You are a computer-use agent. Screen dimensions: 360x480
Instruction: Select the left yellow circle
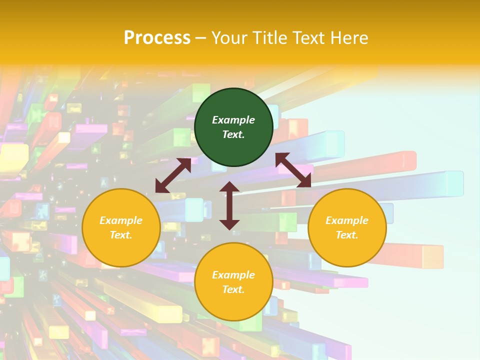point(121,227)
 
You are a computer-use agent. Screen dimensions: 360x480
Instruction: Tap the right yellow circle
point(347,227)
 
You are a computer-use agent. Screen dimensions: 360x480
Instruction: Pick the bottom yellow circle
point(233,282)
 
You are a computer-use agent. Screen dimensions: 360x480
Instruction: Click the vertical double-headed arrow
point(229,205)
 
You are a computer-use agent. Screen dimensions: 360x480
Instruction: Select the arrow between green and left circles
point(173,175)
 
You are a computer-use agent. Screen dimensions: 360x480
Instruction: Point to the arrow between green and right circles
point(293,170)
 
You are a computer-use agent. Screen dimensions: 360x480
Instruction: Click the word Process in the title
point(157,37)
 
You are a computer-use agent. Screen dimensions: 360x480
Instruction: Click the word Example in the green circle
point(233,120)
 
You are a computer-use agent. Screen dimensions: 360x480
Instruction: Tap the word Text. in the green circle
point(233,134)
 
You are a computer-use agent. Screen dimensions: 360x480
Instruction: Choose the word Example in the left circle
point(121,220)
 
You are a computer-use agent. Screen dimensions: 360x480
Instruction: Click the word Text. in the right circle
point(347,235)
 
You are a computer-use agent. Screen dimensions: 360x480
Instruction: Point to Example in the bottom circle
point(233,275)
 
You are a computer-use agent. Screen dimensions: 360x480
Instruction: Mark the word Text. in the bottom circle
point(233,289)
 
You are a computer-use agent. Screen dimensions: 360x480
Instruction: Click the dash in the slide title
point(201,38)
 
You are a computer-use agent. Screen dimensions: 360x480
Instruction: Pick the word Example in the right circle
point(347,220)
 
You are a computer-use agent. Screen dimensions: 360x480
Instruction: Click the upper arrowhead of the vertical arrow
point(229,187)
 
